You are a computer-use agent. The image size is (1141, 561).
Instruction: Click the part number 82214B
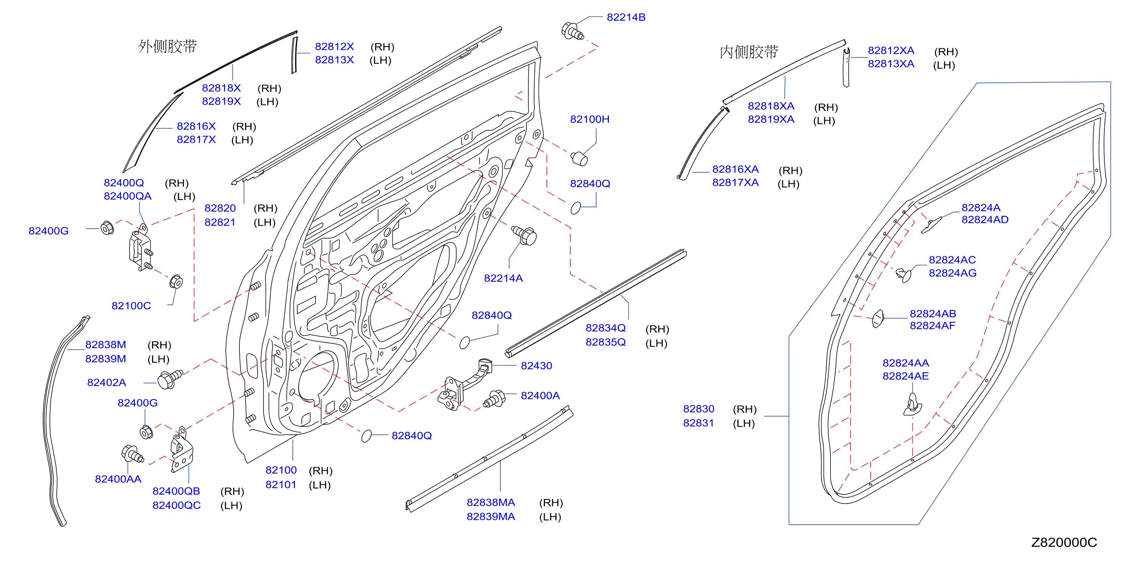[x=626, y=17]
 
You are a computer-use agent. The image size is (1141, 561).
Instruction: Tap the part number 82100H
[x=590, y=119]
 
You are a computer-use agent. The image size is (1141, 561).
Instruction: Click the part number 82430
[x=536, y=366]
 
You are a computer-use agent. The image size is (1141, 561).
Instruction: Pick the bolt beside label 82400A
[x=494, y=398]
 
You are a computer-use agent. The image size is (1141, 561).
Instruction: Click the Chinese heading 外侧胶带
[x=167, y=46]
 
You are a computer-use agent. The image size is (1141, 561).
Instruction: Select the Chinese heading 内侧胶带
[x=748, y=52]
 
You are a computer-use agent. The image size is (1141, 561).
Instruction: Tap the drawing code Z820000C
[x=1064, y=542]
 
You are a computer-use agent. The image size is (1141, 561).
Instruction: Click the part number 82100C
[x=131, y=305]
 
